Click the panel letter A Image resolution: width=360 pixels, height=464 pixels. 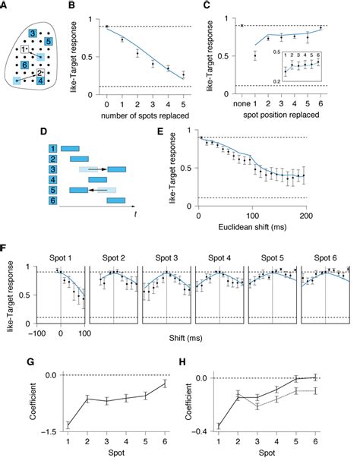point(6,7)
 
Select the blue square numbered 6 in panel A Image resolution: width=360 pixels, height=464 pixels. point(26,66)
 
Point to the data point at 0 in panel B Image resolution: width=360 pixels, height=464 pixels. point(106,27)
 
